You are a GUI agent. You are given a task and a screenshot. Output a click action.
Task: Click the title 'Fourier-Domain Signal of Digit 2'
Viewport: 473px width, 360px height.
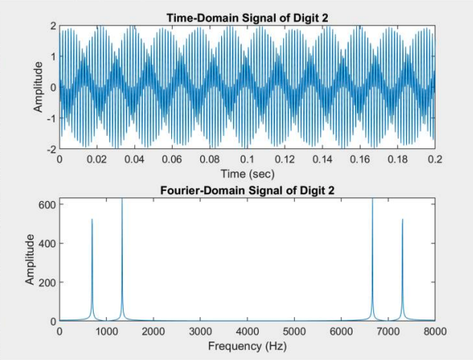(x=247, y=191)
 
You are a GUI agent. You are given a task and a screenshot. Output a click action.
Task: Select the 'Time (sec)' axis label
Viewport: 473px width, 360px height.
(x=247, y=173)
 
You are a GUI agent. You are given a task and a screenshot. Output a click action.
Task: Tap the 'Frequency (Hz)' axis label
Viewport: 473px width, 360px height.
(x=247, y=346)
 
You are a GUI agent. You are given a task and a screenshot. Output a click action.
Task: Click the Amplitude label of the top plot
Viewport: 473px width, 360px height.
(x=38, y=87)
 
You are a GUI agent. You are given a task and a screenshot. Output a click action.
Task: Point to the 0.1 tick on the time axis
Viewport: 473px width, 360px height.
(x=247, y=160)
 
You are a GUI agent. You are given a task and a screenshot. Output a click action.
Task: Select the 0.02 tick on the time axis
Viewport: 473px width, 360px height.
(x=97, y=160)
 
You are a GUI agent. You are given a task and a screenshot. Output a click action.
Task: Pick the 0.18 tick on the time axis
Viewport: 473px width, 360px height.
(x=398, y=160)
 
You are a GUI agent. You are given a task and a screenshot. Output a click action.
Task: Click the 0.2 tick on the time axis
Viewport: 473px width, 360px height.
(x=435, y=160)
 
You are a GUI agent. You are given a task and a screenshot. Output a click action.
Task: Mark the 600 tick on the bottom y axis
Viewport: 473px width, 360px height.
(x=47, y=205)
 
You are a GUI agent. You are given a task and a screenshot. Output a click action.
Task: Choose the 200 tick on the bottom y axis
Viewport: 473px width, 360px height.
(x=47, y=282)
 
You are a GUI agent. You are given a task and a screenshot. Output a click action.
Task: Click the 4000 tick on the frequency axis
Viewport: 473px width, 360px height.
(x=247, y=332)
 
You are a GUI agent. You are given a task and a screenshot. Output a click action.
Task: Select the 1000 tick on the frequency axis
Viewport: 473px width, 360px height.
(x=107, y=332)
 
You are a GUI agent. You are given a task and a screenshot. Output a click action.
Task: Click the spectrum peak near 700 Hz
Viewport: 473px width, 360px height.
(x=92, y=220)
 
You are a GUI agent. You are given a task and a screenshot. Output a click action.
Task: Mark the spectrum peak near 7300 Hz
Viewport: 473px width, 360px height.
(x=402, y=220)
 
